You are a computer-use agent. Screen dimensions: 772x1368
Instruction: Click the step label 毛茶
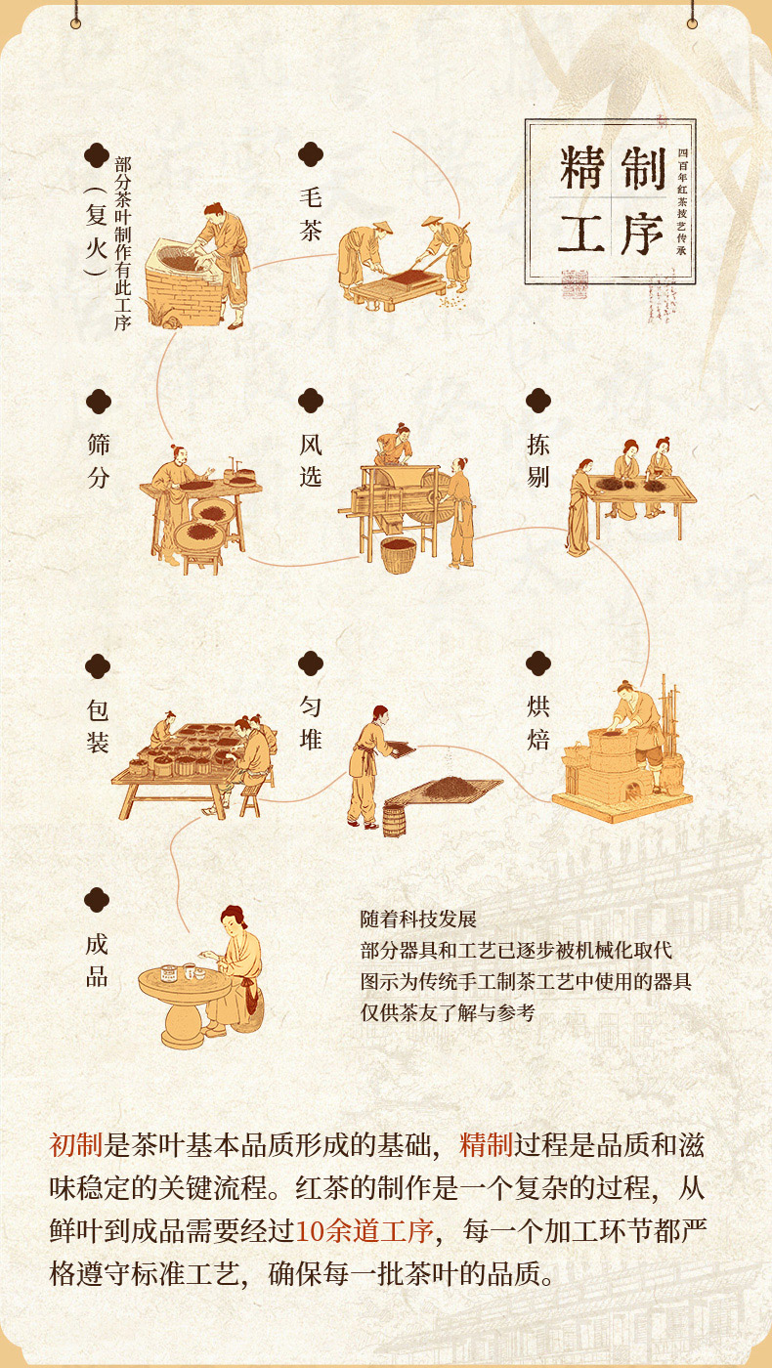[311, 214]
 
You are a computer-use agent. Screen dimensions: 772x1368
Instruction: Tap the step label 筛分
[99, 460]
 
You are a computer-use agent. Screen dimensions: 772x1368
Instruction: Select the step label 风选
[311, 460]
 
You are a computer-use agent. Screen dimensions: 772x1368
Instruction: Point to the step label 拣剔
[538, 460]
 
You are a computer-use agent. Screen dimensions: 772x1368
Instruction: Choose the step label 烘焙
[538, 723]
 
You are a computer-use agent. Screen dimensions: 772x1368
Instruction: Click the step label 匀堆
[311, 723]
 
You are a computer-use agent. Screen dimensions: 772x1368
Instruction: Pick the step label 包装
[98, 726]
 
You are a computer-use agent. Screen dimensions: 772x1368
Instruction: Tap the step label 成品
[97, 961]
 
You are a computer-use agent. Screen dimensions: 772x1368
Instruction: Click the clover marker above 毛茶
[311, 154]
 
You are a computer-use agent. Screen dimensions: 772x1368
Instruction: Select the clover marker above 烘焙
[538, 663]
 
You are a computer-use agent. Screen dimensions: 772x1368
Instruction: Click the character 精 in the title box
[582, 168]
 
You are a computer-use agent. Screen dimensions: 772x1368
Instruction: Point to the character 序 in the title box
[642, 234]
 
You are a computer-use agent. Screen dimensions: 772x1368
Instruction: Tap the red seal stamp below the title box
[575, 284]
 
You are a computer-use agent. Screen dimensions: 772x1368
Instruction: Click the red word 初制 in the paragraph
[76, 1144]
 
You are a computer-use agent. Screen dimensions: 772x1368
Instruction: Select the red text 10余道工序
[365, 1230]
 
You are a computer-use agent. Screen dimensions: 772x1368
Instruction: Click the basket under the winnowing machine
[399, 555]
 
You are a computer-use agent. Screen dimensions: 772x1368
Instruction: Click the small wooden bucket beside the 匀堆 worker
[395, 822]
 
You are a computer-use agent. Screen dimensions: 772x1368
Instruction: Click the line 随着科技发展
[418, 919]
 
